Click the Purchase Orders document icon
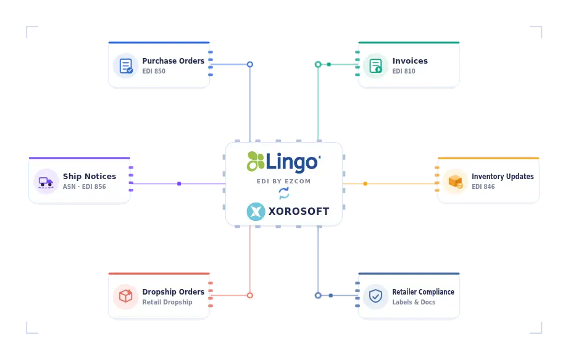point(126,66)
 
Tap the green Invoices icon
point(375,66)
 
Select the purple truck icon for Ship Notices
point(46,182)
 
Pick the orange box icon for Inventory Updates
point(456,182)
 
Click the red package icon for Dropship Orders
point(126,296)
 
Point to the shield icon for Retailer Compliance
point(375,296)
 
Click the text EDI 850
point(154,72)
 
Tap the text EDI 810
point(404,72)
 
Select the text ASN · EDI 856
point(85,186)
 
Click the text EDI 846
point(483,186)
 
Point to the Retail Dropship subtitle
point(167,302)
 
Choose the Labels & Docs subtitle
point(414,302)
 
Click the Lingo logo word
point(293,162)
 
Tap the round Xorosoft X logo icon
point(256,212)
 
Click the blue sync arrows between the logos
point(284,193)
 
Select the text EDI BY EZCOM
point(283,181)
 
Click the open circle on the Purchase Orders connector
point(250,64)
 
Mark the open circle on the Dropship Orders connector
point(250,296)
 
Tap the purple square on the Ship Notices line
point(179,183)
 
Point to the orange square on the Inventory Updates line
point(365,183)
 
